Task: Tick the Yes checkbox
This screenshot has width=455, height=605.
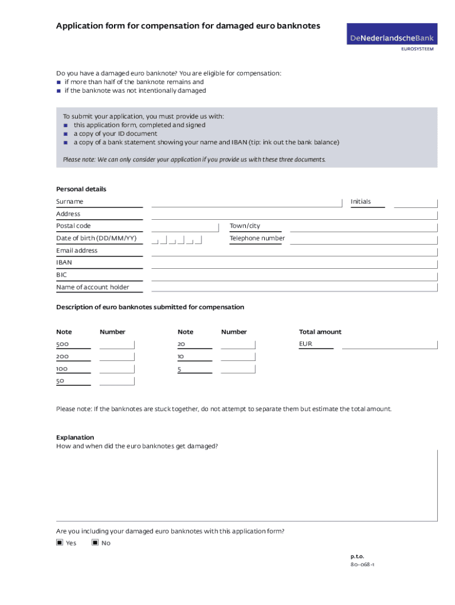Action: click(x=60, y=542)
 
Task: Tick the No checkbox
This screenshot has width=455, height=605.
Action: click(x=95, y=542)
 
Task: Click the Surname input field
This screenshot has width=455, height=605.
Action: click(x=246, y=202)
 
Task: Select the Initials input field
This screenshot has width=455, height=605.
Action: click(x=415, y=202)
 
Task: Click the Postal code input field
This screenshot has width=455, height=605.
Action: click(x=185, y=227)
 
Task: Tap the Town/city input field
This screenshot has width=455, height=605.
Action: click(x=363, y=227)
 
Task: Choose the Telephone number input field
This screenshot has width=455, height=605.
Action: click(x=363, y=239)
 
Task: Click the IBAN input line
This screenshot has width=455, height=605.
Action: click(x=294, y=264)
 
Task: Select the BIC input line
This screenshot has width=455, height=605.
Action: click(x=294, y=276)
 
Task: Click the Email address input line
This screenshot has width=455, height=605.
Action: click(x=294, y=251)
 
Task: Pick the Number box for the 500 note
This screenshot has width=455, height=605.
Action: click(x=117, y=344)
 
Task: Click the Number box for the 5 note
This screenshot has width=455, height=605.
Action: click(x=238, y=369)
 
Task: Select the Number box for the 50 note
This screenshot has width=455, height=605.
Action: click(x=117, y=381)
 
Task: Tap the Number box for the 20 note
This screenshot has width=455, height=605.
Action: click(x=238, y=344)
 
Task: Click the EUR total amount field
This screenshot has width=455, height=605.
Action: click(x=389, y=344)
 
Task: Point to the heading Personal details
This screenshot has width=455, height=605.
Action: click(x=81, y=189)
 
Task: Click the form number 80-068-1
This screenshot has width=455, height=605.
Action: click(x=362, y=564)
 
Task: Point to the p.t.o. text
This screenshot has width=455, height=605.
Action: click(x=357, y=556)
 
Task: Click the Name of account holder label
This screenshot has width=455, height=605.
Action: click(x=92, y=288)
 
